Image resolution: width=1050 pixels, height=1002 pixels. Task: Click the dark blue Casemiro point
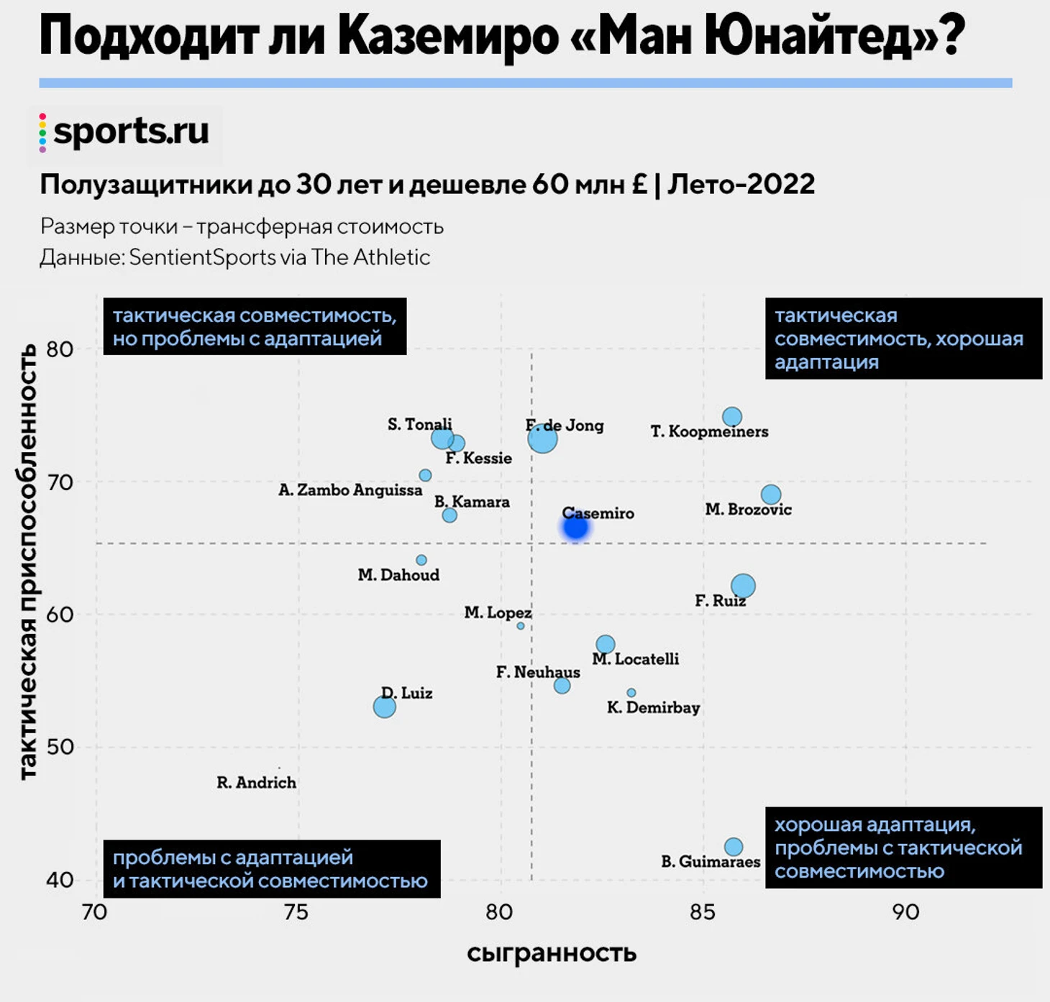pyautogui.click(x=575, y=528)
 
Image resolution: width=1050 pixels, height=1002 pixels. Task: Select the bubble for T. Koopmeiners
pyautogui.click(x=732, y=417)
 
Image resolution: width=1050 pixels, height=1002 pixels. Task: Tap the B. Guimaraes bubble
pyautogui.click(x=734, y=847)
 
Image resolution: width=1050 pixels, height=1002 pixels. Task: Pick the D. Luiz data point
pyautogui.click(x=385, y=707)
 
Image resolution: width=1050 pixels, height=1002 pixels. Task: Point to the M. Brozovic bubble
pyautogui.click(x=771, y=495)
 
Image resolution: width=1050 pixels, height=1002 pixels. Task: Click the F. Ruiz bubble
pyautogui.click(x=743, y=587)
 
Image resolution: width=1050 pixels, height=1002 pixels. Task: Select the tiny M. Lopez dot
pyautogui.click(x=521, y=626)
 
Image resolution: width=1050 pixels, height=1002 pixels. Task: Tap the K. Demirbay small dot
pyautogui.click(x=631, y=693)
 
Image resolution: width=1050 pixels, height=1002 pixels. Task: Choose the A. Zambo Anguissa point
pyautogui.click(x=426, y=475)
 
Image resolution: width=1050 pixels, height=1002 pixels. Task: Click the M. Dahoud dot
pyautogui.click(x=421, y=560)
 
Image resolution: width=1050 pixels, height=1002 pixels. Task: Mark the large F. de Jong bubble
pyautogui.click(x=542, y=438)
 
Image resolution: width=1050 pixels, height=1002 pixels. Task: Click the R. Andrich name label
pyautogui.click(x=257, y=783)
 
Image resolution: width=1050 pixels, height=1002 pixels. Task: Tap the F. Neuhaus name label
pyautogui.click(x=538, y=673)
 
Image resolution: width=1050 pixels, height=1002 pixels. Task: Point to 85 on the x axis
pyautogui.click(x=703, y=912)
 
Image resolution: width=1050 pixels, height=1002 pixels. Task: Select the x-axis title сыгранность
pyautogui.click(x=552, y=953)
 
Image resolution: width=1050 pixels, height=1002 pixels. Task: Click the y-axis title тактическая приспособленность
pyautogui.click(x=27, y=562)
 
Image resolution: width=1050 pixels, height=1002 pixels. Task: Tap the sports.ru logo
pyautogui.click(x=125, y=132)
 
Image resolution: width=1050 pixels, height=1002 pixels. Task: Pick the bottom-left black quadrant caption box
pyautogui.click(x=271, y=869)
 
